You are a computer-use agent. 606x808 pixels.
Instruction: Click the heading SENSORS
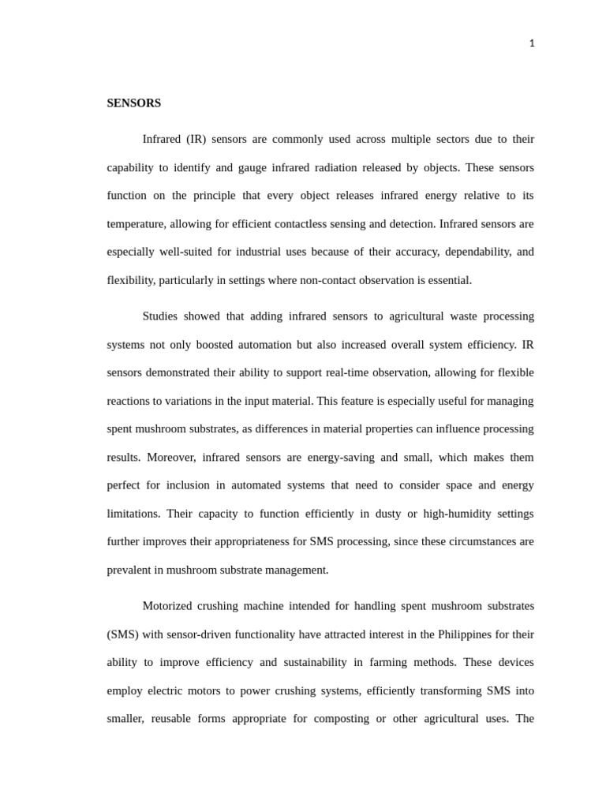[133, 103]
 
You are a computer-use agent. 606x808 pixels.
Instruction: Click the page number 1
[532, 43]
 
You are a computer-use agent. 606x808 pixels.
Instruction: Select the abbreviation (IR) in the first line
[196, 140]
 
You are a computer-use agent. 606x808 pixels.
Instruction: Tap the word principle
[228, 196]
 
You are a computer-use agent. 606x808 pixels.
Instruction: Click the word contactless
[298, 224]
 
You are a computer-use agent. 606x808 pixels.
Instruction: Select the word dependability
[473, 252]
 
